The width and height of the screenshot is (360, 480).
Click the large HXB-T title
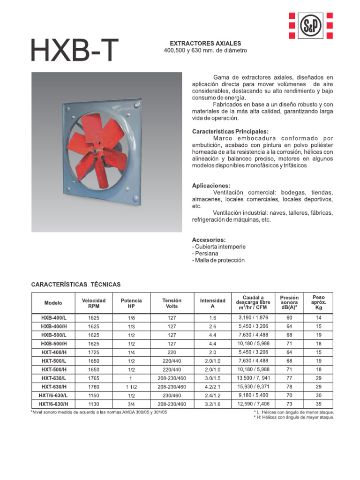75,50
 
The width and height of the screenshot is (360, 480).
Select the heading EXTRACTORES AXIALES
205,43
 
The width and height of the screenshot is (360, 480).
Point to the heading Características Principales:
230,132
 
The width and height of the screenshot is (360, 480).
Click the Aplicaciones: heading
211,186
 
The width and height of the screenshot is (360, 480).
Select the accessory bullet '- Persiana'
205,253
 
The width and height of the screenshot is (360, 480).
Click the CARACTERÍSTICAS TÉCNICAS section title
76,285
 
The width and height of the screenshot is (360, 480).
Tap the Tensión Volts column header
172,303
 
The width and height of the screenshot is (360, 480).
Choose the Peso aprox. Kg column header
318,303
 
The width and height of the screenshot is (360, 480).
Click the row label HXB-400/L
53,318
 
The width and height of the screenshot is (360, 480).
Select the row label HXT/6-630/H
53,404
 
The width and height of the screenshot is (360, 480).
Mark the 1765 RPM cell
94,378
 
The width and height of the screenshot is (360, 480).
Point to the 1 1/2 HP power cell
131,387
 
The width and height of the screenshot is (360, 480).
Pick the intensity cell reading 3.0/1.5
212,378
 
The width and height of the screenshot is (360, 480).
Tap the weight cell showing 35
318,404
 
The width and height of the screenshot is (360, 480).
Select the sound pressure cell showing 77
289,378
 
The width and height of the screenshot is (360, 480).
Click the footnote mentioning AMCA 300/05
98,412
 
